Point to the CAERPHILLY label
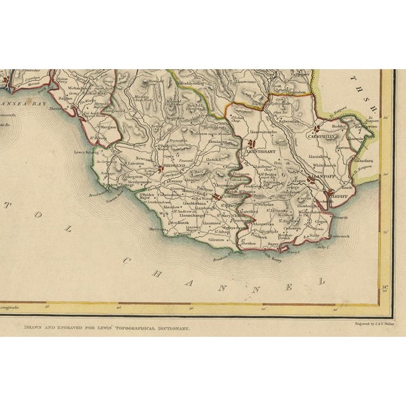click(322, 136)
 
